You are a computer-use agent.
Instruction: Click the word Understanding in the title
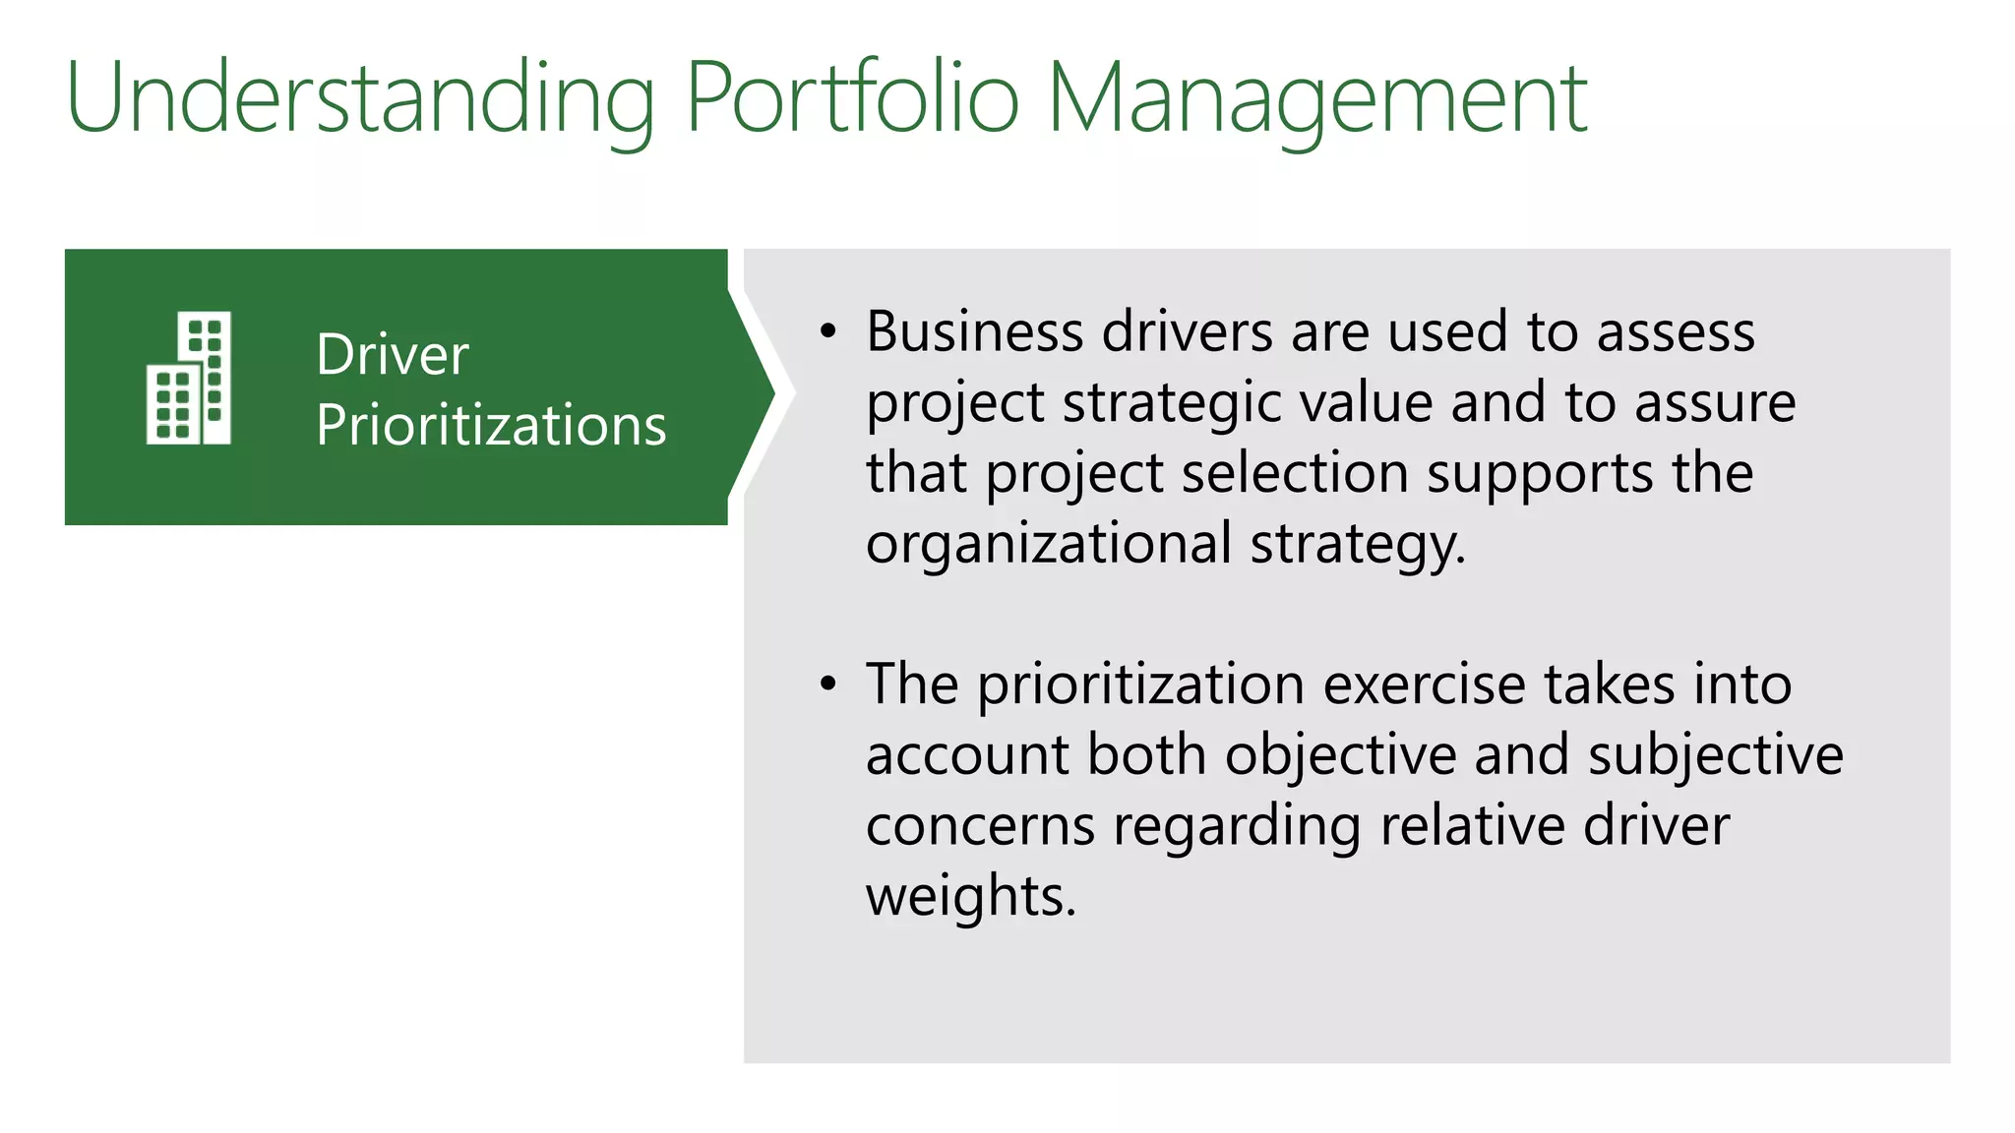[360, 98]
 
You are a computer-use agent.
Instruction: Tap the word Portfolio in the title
[852, 98]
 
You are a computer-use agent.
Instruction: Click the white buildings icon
[189, 378]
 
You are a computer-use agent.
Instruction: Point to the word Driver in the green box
[393, 355]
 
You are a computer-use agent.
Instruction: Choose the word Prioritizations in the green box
[491, 426]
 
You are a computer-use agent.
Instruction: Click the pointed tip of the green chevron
[772, 393]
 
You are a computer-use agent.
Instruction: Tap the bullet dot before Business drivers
[828, 332]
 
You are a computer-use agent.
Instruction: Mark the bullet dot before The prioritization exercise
[828, 685]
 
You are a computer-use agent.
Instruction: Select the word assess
[1676, 332]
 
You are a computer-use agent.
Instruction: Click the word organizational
[1049, 544]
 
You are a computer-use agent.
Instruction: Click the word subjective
[1716, 756]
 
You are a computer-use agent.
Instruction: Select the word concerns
[980, 826]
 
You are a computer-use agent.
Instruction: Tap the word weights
[970, 897]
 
